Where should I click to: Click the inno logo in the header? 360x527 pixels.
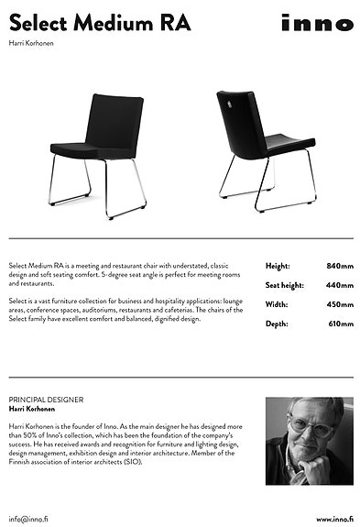pos(317,25)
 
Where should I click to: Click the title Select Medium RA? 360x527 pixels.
pos(100,23)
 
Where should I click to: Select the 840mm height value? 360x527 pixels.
pos(339,266)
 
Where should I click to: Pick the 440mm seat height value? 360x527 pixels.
pos(339,285)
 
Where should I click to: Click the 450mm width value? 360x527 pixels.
pos(339,304)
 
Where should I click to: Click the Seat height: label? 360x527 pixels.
pos(284,285)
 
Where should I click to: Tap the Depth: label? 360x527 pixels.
pos(277,324)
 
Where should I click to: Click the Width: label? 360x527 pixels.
pos(278,304)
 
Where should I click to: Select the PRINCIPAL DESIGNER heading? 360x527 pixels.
pos(46,400)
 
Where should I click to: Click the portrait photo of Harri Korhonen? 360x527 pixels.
pos(309,440)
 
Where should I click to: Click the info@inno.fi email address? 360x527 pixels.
pos(29,519)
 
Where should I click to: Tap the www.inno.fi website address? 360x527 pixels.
pos(333,519)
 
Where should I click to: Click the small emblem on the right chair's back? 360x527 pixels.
pos(227,103)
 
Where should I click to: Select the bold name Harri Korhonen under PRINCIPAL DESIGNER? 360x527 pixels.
pos(35,409)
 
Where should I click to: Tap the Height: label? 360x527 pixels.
pos(278,266)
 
